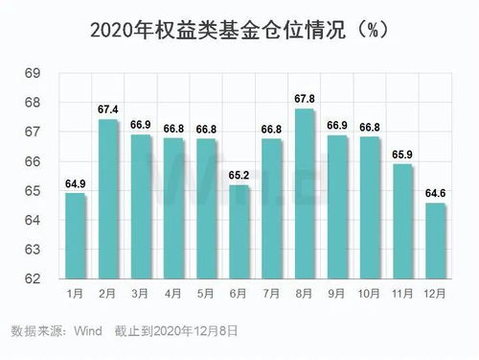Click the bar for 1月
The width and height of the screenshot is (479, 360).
[x=76, y=236]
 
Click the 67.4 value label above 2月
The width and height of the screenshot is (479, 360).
[x=108, y=110]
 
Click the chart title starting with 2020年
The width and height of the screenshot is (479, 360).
[x=239, y=29]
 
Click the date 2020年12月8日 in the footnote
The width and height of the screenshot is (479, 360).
[x=188, y=330]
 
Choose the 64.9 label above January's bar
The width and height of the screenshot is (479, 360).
[x=76, y=184]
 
